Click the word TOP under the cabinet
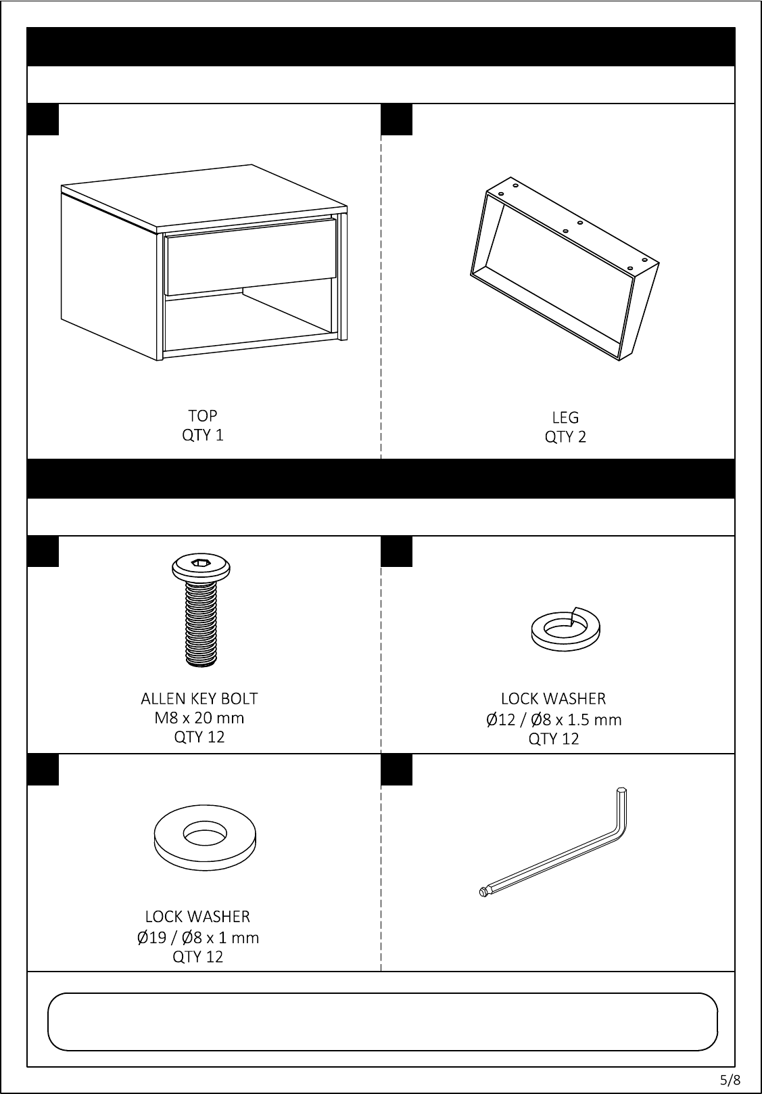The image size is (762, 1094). (x=203, y=415)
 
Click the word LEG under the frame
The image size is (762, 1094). (x=565, y=417)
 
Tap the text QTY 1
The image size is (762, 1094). (x=203, y=434)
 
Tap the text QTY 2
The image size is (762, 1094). (x=565, y=436)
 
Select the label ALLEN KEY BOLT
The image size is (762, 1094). (x=199, y=699)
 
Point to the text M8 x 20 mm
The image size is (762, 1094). (x=199, y=718)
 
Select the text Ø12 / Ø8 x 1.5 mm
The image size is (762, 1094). (x=554, y=720)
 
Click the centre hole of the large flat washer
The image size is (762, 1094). (x=205, y=833)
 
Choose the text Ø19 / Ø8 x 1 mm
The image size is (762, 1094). (x=197, y=938)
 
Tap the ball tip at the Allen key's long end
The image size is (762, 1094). (x=483, y=892)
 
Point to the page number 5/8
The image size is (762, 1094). (x=730, y=1079)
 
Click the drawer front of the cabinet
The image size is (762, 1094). (x=251, y=257)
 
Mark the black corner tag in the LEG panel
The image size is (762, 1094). (x=396, y=119)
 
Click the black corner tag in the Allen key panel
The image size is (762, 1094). (x=396, y=770)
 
